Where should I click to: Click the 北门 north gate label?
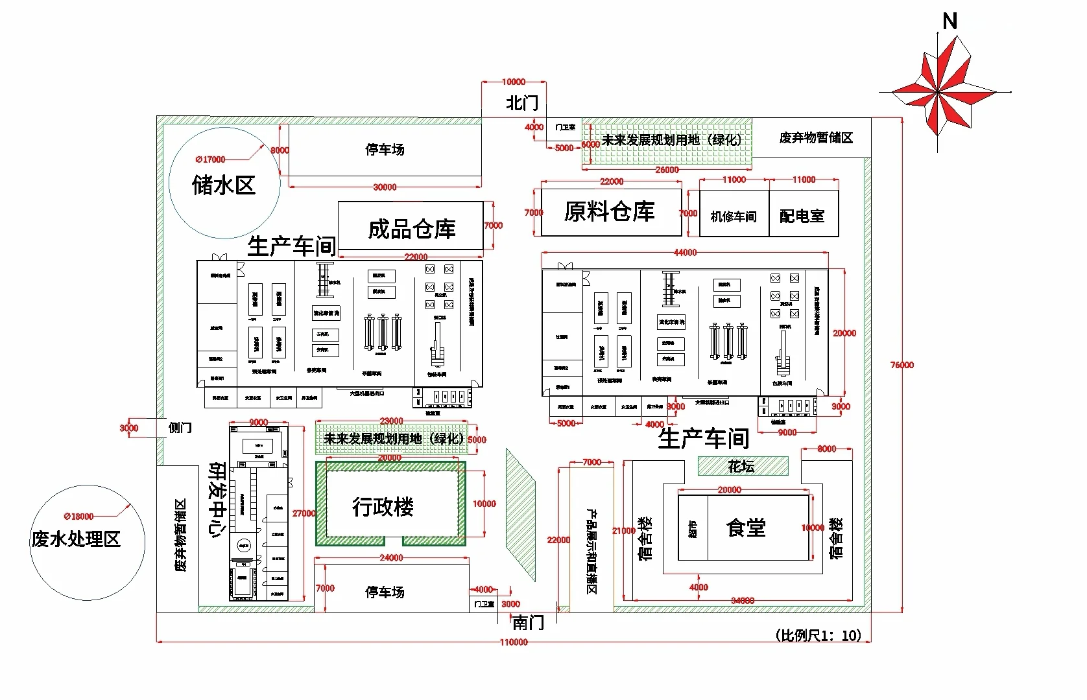click(522, 104)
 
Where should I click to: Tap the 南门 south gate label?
click(529, 623)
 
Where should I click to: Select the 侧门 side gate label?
click(180, 428)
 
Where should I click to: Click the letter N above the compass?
click(950, 22)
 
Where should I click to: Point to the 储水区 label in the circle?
click(224, 185)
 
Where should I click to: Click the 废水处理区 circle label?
click(77, 539)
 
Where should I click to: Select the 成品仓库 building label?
click(412, 229)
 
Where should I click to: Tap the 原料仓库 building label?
click(610, 211)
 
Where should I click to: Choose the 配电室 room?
click(802, 216)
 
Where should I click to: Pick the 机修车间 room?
click(734, 216)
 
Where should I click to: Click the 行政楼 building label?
click(383, 507)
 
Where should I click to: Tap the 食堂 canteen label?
click(746, 528)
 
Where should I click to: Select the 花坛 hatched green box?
click(743, 466)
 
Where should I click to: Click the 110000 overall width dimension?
click(513, 642)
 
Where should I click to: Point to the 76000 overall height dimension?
click(902, 365)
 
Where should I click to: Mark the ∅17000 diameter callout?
click(210, 159)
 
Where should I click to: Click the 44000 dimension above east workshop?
click(685, 252)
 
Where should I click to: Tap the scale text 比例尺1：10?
click(818, 635)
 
